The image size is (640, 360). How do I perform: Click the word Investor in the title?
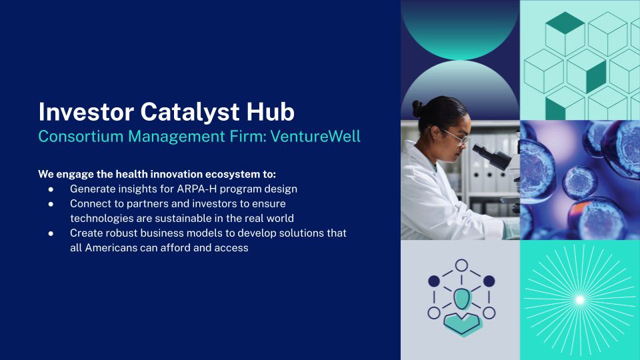click(86, 112)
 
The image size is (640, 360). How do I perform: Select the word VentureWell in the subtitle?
click(315, 136)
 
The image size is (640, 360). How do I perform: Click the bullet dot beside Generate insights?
click(51, 189)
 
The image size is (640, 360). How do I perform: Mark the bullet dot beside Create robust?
click(51, 233)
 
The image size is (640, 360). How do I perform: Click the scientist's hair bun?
click(416, 109)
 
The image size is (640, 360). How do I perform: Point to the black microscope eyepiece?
click(485, 152)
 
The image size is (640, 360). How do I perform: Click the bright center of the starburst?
click(579, 300)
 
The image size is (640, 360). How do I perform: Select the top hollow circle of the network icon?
click(461, 265)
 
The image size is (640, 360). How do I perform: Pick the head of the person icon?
click(461, 299)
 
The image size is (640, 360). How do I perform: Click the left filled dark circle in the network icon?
click(434, 281)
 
